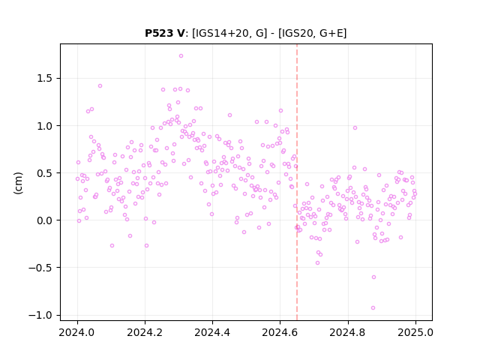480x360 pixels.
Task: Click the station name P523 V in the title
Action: click(165, 33)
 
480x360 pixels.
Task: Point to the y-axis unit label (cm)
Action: click(18, 183)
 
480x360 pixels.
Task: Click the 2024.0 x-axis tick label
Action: click(77, 332)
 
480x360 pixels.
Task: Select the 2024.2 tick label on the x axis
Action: click(145, 332)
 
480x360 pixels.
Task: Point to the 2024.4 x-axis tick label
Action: click(212, 332)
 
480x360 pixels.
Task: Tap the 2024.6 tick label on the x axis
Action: click(280, 332)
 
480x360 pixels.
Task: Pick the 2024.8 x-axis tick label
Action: click(347, 332)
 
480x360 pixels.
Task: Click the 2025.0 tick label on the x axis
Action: click(415, 332)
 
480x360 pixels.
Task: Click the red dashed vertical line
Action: click(297, 182)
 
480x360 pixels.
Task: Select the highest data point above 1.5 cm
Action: click(181, 56)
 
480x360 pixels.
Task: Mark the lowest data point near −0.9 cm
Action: click(373, 308)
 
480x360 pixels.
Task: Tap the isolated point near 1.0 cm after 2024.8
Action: click(355, 128)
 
